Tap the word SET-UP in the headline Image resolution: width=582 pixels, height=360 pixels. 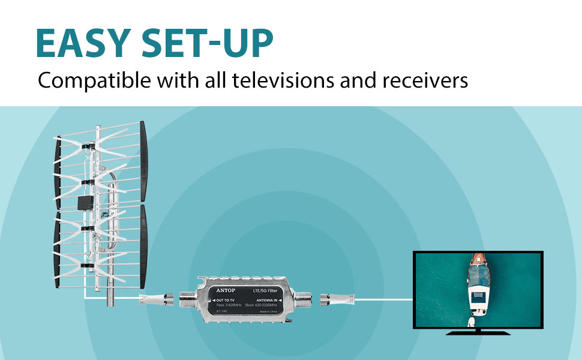207,43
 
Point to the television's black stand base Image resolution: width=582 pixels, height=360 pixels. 478,332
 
